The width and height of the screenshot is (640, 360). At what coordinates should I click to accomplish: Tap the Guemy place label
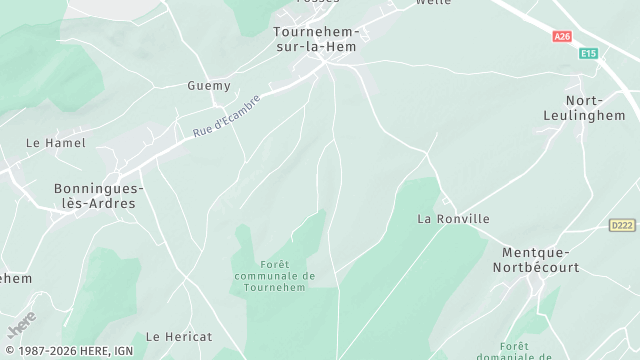coord(209,86)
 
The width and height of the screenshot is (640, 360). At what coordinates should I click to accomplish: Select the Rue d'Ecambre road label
coord(226,116)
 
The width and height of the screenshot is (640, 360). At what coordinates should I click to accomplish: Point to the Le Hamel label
coord(56,143)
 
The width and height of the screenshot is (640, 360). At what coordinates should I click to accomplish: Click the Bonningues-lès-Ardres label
coord(99,195)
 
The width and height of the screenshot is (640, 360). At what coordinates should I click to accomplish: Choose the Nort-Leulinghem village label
coord(596,108)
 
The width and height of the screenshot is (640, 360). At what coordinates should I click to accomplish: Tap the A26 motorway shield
coord(562,37)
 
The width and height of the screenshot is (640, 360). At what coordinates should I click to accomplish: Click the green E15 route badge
coord(588,54)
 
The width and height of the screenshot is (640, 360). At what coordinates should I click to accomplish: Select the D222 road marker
coord(622,226)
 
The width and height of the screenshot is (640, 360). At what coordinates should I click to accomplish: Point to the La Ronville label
coord(454,218)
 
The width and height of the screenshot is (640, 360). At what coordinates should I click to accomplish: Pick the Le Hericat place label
coord(179,337)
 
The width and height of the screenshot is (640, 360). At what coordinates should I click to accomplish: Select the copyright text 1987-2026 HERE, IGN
coord(68,351)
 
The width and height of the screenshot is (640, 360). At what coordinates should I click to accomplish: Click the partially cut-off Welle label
coord(433,3)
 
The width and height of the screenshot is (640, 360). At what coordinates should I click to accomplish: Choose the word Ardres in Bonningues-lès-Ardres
coord(113,203)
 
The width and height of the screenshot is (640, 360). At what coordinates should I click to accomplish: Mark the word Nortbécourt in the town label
coord(536,268)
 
